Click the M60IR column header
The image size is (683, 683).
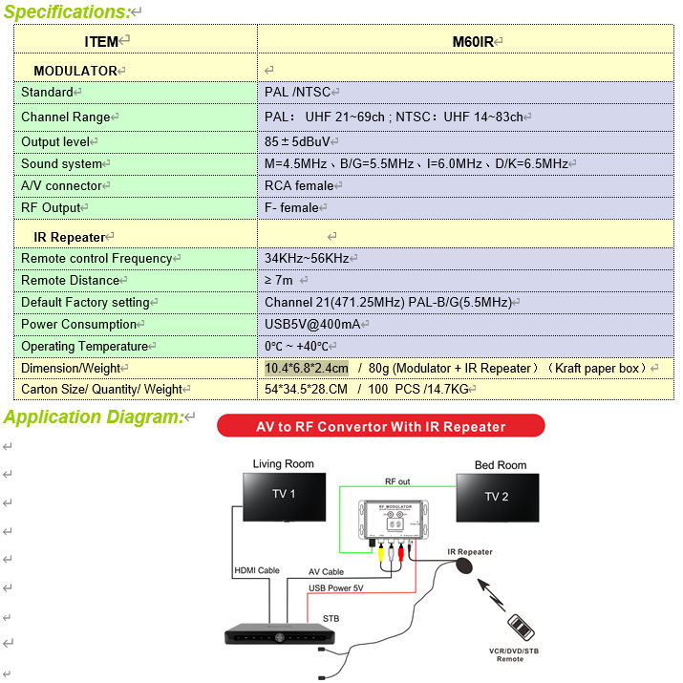[477, 41]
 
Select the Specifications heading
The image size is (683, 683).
[67, 12]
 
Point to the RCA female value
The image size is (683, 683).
[299, 186]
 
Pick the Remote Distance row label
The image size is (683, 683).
[71, 281]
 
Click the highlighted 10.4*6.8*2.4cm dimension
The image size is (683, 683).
[307, 368]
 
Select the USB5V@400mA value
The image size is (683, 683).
[312, 325]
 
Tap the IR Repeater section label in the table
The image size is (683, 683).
[70, 236]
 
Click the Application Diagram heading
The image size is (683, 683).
[93, 417]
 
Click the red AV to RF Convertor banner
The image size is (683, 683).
[380, 426]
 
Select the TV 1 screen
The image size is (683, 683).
[283, 494]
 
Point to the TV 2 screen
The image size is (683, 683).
[497, 497]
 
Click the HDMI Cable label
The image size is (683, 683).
[256, 571]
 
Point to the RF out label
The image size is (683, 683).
[397, 482]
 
